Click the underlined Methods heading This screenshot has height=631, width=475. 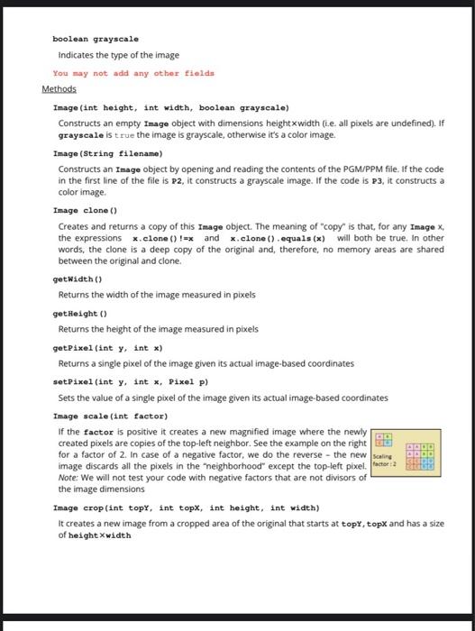(59, 89)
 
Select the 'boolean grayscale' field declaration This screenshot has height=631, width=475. (96, 40)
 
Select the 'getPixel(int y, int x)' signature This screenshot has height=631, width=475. (107, 347)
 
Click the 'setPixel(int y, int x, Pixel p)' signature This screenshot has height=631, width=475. (125, 381)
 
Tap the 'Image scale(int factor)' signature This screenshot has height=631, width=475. (111, 416)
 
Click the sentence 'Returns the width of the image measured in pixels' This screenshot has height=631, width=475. (157, 294)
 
